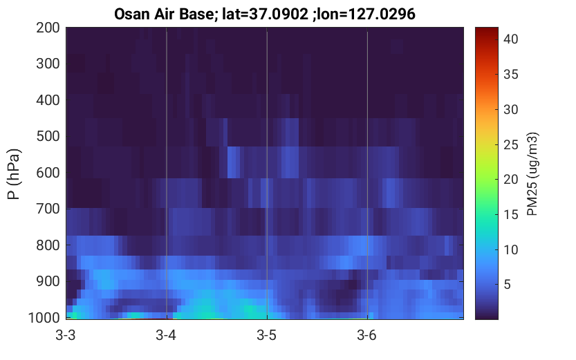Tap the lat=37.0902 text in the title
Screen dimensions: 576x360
pos(265,15)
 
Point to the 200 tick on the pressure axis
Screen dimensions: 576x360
pos(48,28)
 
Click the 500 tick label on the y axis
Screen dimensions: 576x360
pos(48,136)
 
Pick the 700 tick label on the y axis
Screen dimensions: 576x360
pos(48,209)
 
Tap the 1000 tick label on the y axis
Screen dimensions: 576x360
pos(44,318)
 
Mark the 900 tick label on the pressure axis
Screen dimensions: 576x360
pos(48,281)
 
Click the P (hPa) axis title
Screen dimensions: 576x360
pos(14,174)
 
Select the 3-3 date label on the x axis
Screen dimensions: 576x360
pos(66,335)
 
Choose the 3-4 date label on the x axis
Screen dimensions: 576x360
pos(166,335)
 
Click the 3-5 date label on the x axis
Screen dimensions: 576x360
pos(267,335)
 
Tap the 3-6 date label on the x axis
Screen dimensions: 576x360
pos(367,335)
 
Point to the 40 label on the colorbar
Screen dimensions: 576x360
pos(510,39)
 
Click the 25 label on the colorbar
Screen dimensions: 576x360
pos(510,144)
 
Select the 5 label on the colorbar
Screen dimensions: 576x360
pos(507,285)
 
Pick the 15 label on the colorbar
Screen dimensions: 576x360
pos(510,215)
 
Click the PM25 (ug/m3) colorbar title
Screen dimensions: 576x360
pos(532,174)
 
